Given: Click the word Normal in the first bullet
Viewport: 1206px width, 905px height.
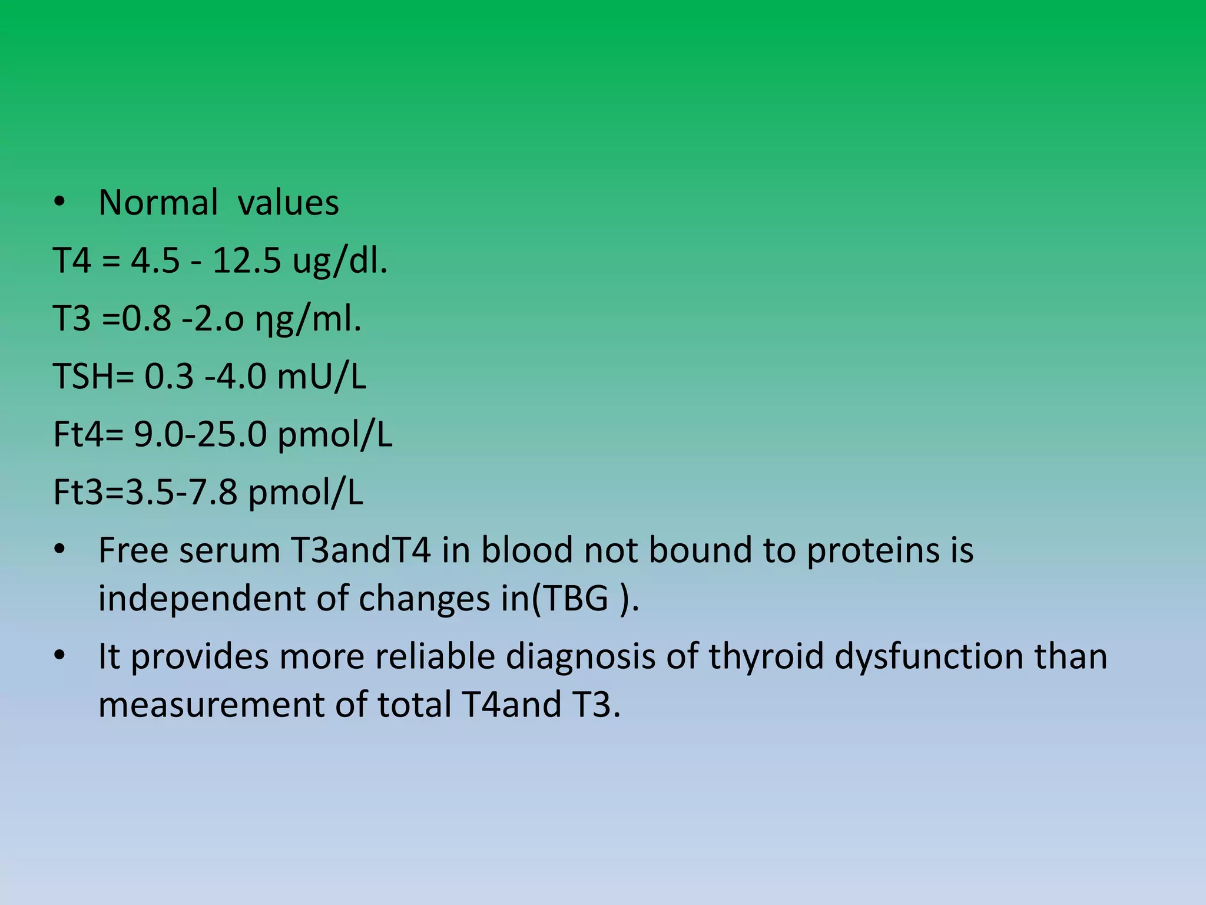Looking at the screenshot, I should point(158,203).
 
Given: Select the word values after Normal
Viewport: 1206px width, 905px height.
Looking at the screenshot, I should point(288,203).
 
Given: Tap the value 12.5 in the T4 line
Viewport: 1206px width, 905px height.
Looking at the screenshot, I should point(247,260).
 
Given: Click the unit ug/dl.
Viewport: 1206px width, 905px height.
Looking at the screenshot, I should point(340,260).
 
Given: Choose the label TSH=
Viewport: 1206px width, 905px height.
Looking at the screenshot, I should point(94,376).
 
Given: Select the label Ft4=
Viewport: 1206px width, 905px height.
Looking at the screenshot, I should point(88,434).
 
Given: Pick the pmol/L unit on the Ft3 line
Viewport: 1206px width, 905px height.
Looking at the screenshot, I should point(306,493).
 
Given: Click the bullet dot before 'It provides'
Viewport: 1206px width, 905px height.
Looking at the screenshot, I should point(59,656).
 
